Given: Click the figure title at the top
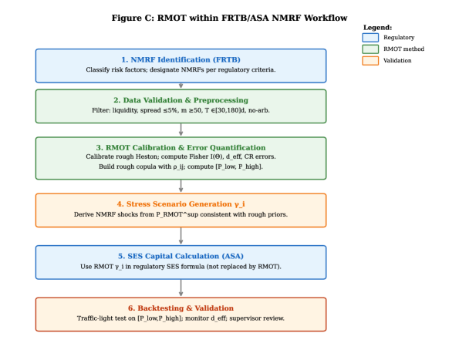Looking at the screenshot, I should [x=229, y=18].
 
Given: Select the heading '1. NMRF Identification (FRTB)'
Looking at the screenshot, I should [x=181, y=59].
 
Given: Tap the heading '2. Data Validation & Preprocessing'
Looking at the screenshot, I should [x=181, y=100].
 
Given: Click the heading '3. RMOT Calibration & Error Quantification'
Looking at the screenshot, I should [x=181, y=147].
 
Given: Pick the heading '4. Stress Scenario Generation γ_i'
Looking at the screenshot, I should [x=181, y=204].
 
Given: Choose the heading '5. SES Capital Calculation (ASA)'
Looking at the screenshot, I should [x=181, y=256].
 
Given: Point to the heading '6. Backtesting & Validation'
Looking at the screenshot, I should [x=181, y=308].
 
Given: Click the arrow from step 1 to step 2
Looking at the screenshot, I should [x=181, y=86].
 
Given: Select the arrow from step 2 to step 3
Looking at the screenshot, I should [x=181, y=130].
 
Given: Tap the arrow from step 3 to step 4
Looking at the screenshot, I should [x=181, y=186].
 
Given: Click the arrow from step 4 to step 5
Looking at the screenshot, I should [x=181, y=236].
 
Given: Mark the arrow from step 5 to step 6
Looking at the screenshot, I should [x=181, y=288].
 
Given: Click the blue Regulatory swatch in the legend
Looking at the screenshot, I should [x=371, y=37].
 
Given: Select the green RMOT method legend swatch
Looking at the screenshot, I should [x=371, y=49].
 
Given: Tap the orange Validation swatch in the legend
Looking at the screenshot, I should [x=371, y=60].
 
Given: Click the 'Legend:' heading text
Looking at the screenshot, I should [x=377, y=27].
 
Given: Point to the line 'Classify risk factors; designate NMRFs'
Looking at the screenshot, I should [x=181, y=70].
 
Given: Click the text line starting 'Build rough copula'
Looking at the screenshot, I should [x=181, y=167].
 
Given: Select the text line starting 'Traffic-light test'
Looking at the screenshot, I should [x=181, y=318].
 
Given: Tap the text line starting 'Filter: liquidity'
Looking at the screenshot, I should [x=181, y=111].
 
